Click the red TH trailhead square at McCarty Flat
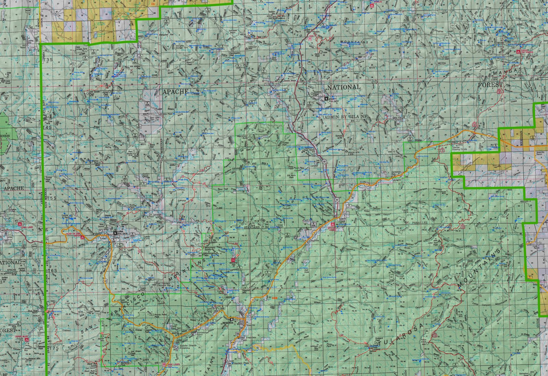[x=233, y=260]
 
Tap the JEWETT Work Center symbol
[x=326, y=98]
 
